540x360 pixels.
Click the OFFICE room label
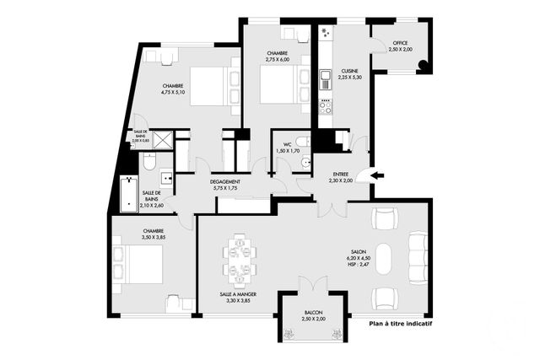(x=401, y=43)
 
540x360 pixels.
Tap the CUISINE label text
(x=350, y=70)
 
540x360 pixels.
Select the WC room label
(x=287, y=144)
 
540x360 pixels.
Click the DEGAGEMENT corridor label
(x=225, y=182)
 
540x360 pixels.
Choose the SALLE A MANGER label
(x=238, y=294)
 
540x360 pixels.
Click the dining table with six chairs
(x=239, y=259)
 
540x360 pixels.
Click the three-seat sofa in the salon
(x=416, y=257)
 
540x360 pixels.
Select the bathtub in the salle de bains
(x=128, y=194)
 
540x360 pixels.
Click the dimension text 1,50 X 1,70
(x=288, y=151)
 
